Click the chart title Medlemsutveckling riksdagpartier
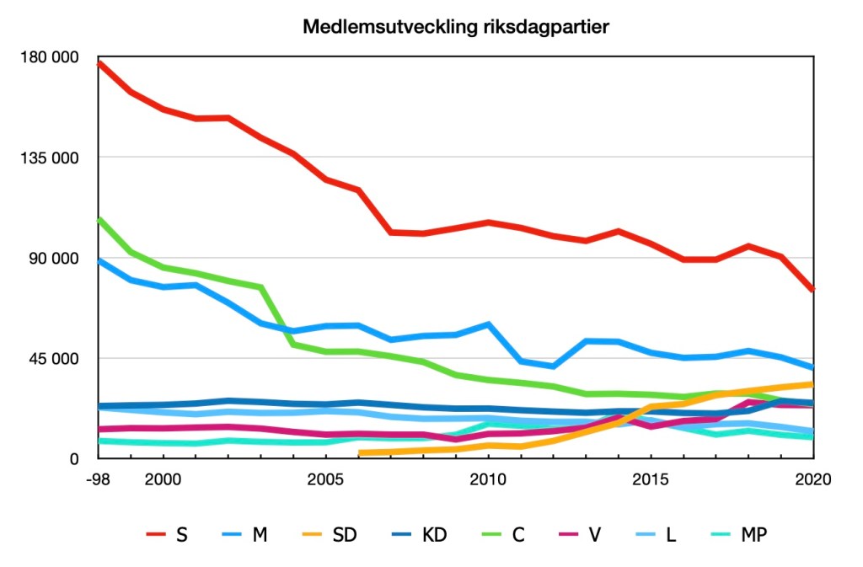455,27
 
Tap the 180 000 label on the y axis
55,57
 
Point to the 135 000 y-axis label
55,158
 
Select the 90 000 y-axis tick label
59,258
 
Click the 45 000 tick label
59,358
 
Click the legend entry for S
168,534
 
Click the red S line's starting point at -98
99,62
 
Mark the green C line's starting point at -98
99,219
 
